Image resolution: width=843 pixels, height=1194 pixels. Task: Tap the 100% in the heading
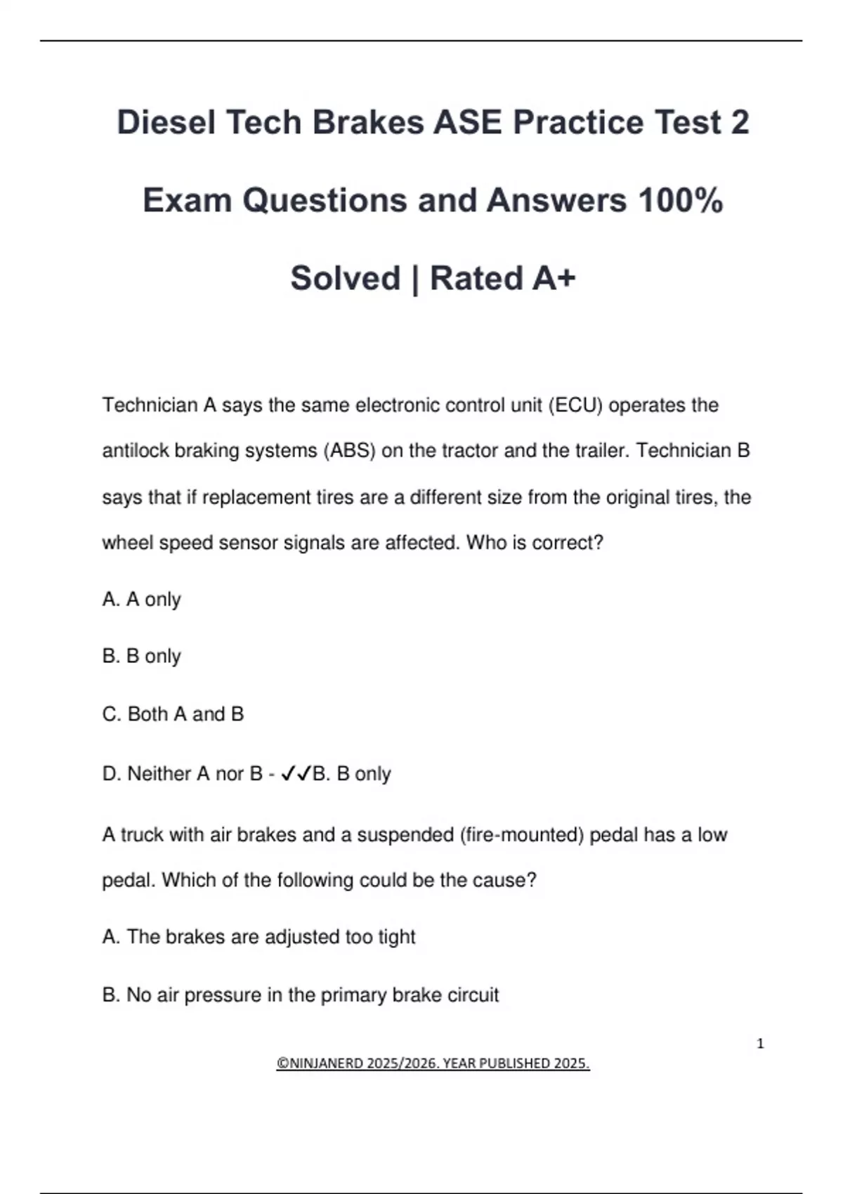(x=680, y=200)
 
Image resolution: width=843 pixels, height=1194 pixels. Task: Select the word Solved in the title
(x=345, y=278)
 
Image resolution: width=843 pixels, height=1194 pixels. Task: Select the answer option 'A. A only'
(x=141, y=599)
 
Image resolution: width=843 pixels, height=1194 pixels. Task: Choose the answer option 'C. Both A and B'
(x=173, y=714)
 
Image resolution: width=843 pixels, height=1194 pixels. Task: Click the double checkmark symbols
(x=296, y=774)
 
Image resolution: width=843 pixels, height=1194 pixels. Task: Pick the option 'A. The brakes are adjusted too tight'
(x=259, y=937)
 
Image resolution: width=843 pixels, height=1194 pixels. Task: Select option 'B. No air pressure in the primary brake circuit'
(x=300, y=995)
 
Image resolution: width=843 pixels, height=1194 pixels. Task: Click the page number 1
(x=760, y=1044)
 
